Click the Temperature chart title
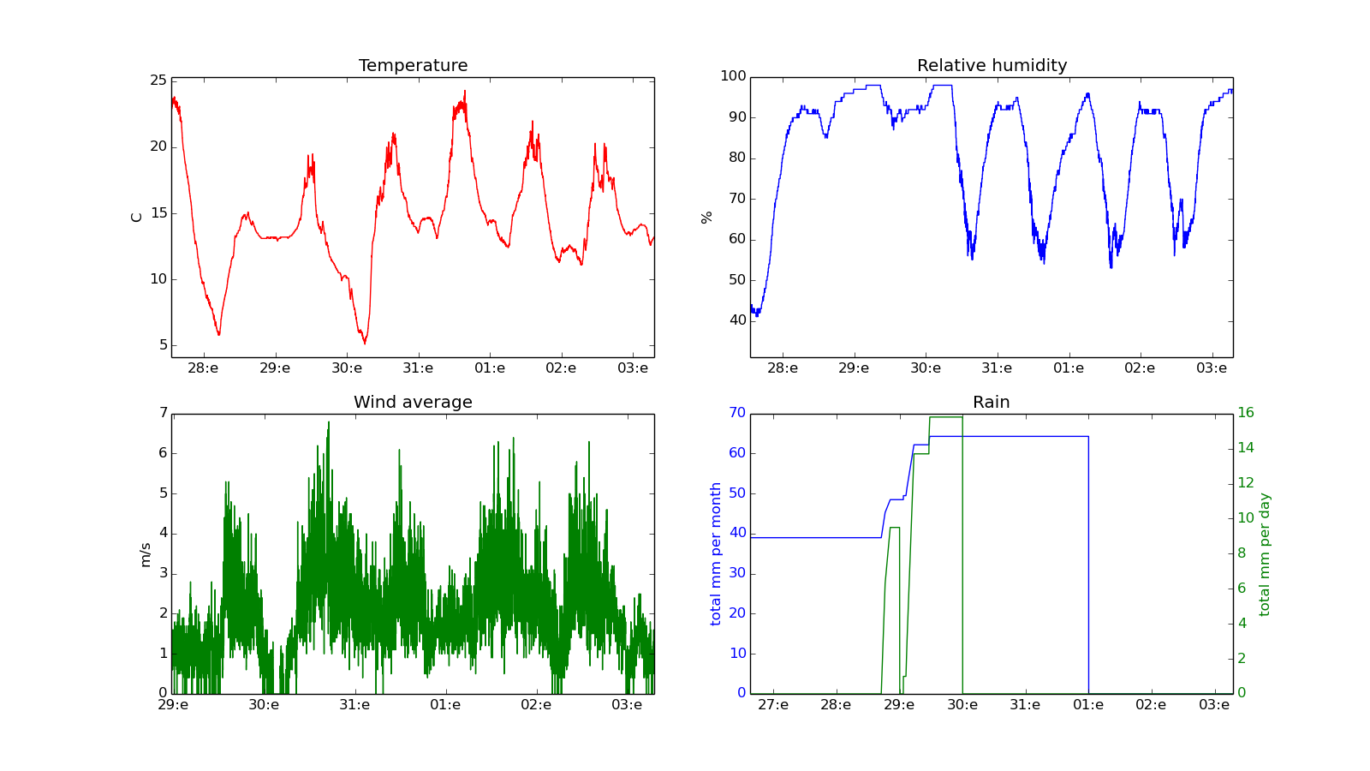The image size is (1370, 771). tap(413, 66)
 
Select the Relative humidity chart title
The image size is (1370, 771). tap(992, 66)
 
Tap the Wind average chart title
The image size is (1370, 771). tap(413, 403)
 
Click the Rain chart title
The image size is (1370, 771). tap(991, 403)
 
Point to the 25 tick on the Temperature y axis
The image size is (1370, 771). tap(158, 81)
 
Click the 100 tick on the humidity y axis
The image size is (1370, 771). tap(733, 76)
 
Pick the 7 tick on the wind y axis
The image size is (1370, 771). tap(163, 413)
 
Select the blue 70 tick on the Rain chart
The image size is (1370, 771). tap(736, 413)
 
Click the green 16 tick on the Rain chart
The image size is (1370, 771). tap(1245, 413)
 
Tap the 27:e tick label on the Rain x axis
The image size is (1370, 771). tap(773, 705)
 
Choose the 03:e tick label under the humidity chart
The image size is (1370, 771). tap(1212, 368)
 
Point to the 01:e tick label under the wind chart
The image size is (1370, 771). tap(445, 705)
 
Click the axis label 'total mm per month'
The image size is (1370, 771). tap(716, 553)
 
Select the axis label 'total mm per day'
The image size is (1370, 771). tap(1265, 554)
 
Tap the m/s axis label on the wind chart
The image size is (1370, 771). tap(145, 555)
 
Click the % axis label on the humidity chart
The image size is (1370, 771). tap(706, 218)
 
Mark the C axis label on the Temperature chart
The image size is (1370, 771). tap(136, 218)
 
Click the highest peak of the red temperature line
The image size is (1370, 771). tap(465, 91)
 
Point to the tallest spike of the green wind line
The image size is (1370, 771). tap(329, 421)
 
